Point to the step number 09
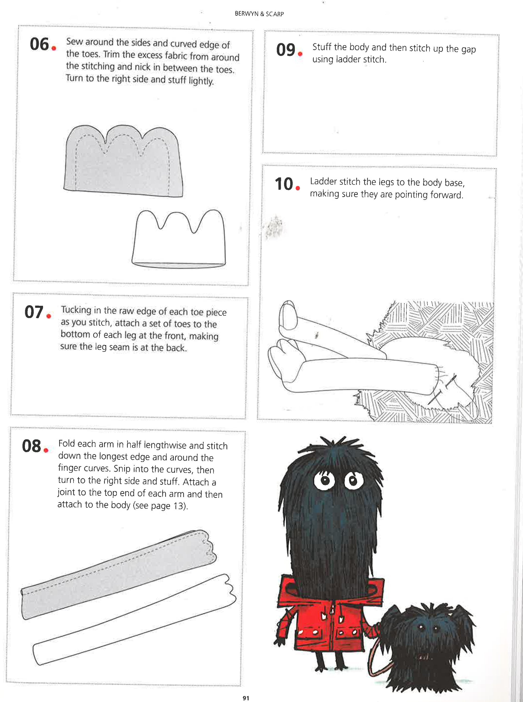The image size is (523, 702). pos(286,50)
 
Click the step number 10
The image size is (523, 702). pos(284,184)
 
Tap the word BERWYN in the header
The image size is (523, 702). pos(246,14)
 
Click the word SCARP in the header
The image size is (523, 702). pos(275,14)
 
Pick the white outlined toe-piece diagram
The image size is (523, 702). pos(179,240)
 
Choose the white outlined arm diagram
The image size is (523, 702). pos(133,621)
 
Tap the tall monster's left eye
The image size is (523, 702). pos(324,480)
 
